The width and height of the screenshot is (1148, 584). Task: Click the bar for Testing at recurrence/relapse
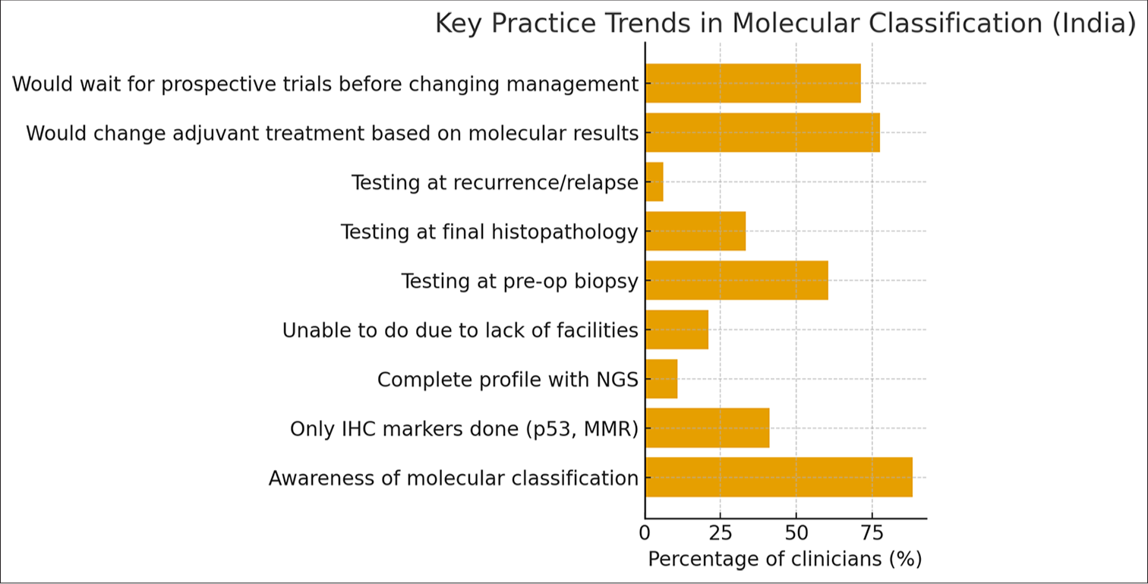tap(654, 182)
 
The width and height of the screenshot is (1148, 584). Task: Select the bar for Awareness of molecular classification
tap(778, 478)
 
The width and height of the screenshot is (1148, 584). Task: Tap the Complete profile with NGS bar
tap(661, 379)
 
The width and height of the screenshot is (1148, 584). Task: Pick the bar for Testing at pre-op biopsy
tap(736, 280)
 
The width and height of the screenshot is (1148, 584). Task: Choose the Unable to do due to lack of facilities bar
tap(676, 330)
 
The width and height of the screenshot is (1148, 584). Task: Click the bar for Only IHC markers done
tap(707, 428)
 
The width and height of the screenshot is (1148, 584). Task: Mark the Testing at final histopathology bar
tap(695, 231)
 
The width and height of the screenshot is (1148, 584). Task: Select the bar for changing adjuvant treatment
tap(762, 133)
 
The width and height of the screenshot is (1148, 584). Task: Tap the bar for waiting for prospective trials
tap(753, 84)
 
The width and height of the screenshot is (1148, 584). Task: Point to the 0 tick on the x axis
tap(645, 532)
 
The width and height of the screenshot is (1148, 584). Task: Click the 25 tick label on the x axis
tap(721, 532)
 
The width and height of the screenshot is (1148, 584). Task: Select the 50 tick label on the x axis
tap(796, 532)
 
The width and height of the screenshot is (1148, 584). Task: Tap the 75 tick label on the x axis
tap(872, 532)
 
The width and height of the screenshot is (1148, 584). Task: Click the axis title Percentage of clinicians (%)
tap(785, 560)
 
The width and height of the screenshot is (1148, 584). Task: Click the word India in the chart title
tap(1093, 24)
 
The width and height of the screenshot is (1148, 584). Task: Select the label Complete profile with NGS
tap(507, 379)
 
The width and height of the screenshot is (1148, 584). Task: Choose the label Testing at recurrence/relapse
tap(494, 182)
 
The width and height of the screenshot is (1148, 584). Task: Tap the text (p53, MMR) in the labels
tap(582, 429)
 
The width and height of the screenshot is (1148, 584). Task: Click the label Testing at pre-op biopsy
tap(519, 281)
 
